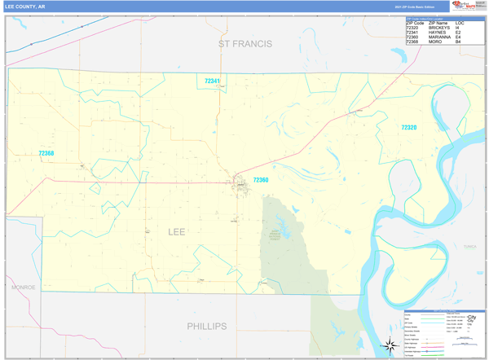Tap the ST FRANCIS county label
click(x=244, y=43)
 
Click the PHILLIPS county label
click(x=206, y=325)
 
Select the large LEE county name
click(x=176, y=232)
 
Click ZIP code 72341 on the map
click(x=213, y=81)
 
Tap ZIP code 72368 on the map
click(x=46, y=153)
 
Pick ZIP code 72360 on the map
click(x=260, y=179)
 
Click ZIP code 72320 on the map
click(x=408, y=127)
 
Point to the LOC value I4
click(x=458, y=28)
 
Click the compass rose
click(x=390, y=345)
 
